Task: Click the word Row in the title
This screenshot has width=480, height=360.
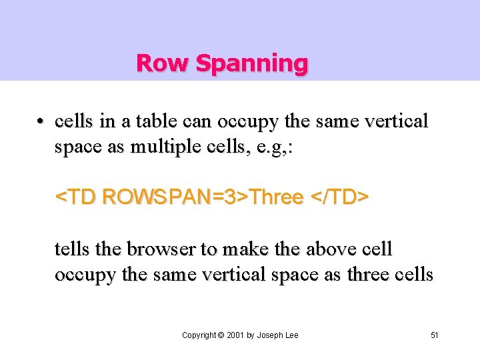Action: point(155,63)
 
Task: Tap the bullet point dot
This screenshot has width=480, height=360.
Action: point(41,122)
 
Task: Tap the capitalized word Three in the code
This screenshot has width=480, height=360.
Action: point(277,197)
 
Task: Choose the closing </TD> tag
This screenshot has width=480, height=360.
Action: point(339,197)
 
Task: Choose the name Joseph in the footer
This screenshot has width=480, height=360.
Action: point(271,335)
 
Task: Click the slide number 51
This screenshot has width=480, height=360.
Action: point(435,335)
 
